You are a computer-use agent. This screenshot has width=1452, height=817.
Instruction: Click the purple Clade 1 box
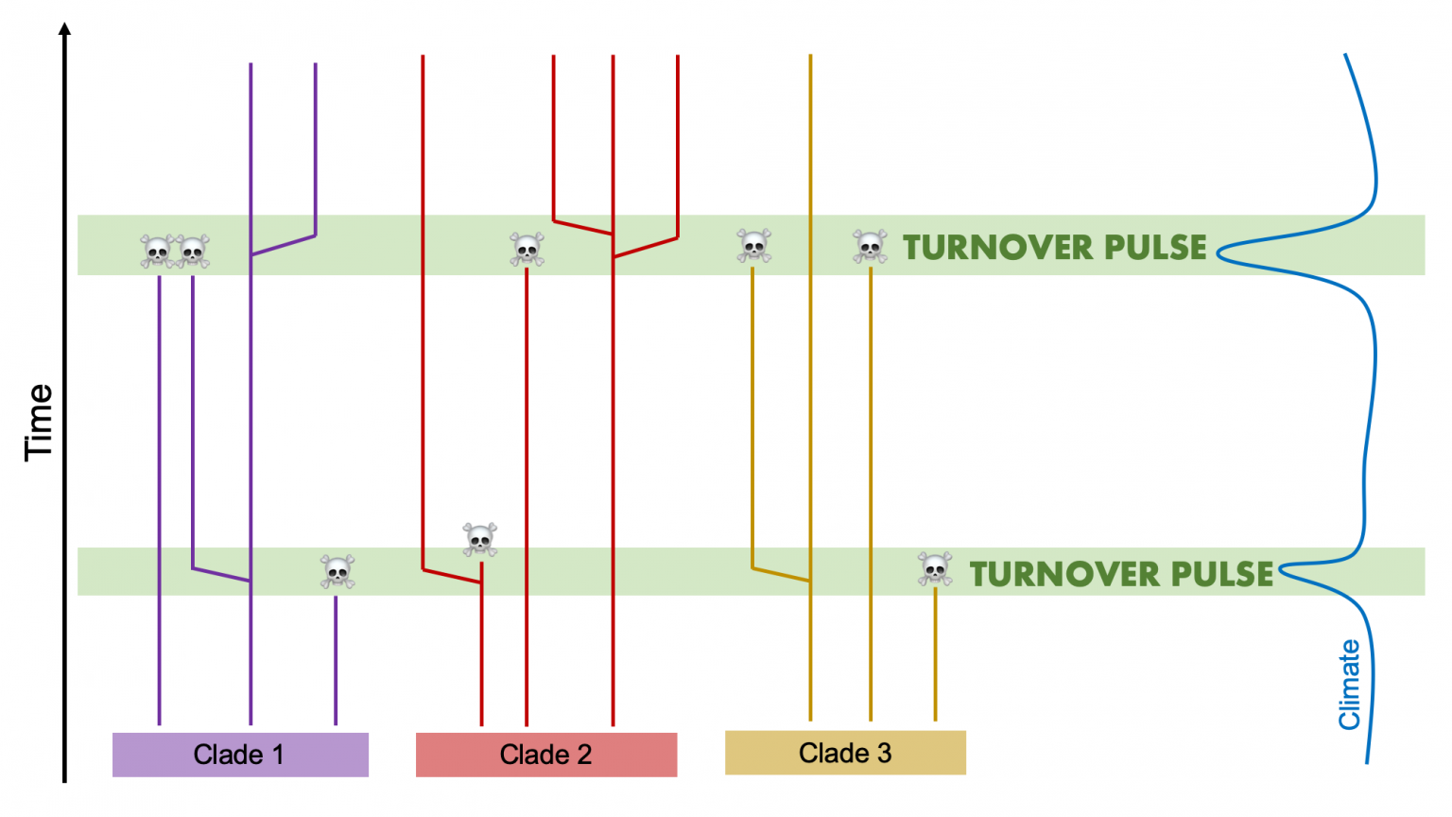click(240, 755)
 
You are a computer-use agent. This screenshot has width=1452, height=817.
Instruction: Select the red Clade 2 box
click(546, 755)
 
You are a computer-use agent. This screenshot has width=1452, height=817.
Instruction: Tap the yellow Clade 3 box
click(845, 753)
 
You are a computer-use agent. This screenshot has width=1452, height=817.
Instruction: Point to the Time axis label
click(39, 422)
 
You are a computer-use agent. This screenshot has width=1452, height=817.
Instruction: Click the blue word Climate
click(1349, 685)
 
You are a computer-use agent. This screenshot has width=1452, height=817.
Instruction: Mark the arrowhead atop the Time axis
click(64, 29)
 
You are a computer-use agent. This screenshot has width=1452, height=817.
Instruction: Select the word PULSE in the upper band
click(1155, 248)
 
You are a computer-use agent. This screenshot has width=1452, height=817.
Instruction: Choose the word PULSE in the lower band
click(1221, 574)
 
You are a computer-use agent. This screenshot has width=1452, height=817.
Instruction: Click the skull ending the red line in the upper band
click(527, 249)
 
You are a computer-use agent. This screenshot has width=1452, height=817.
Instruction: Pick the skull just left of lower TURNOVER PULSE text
click(935, 568)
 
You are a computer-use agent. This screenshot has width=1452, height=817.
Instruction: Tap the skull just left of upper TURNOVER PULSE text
click(870, 246)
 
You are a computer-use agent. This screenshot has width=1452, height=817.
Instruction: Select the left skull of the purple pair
click(157, 252)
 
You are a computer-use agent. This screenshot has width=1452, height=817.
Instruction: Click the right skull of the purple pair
click(193, 252)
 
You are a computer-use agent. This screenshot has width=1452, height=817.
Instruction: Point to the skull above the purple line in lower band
click(337, 571)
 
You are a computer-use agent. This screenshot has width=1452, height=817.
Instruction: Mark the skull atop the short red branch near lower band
click(480, 539)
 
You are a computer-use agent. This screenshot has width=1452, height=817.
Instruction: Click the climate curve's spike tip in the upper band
click(1219, 252)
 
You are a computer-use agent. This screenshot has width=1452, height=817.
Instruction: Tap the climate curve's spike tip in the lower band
click(1281, 570)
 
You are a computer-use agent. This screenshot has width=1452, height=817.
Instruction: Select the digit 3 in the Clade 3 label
click(884, 753)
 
